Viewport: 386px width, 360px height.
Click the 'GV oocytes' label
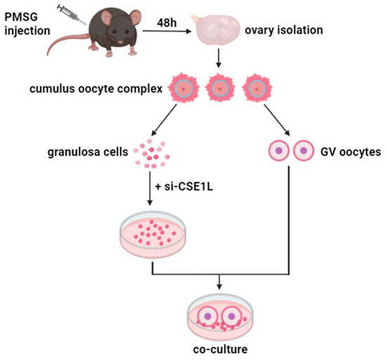345,151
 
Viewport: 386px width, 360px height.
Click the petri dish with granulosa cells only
154,232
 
